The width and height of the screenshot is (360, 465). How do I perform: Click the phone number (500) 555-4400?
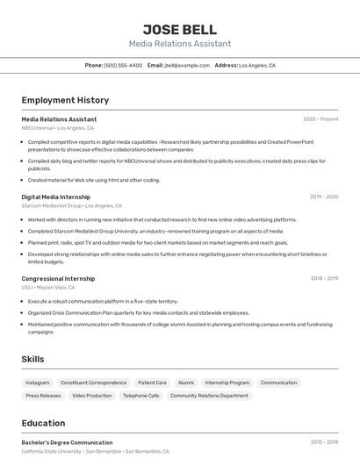pyautogui.click(x=123, y=65)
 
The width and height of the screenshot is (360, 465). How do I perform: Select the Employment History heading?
pyautogui.click(x=65, y=100)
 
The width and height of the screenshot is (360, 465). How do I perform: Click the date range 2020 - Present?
pyautogui.click(x=320, y=119)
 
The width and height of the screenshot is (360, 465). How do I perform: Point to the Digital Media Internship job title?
pyautogui.click(x=56, y=197)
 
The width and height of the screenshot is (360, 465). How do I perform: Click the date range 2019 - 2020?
pyautogui.click(x=324, y=197)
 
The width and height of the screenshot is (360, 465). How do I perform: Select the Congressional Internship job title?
pyautogui.click(x=58, y=278)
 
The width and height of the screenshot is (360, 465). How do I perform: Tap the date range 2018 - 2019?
pyautogui.click(x=324, y=278)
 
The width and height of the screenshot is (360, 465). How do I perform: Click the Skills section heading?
pyautogui.click(x=33, y=359)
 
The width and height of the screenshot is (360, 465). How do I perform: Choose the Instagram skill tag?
pyautogui.click(x=38, y=383)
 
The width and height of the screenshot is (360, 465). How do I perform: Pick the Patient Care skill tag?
pyautogui.click(x=152, y=383)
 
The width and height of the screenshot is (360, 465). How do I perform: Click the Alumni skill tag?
pyautogui.click(x=186, y=383)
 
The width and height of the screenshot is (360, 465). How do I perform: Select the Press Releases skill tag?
pyautogui.click(x=44, y=396)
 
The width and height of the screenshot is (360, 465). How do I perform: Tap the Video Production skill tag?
pyautogui.click(x=92, y=396)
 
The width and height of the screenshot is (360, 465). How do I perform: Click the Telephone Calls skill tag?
pyautogui.click(x=141, y=396)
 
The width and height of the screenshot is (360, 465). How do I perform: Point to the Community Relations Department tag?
pyautogui.click(x=209, y=396)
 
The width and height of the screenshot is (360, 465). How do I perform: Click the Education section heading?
pyautogui.click(x=44, y=423)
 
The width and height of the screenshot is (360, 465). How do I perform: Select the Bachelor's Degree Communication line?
pyautogui.click(x=67, y=443)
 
